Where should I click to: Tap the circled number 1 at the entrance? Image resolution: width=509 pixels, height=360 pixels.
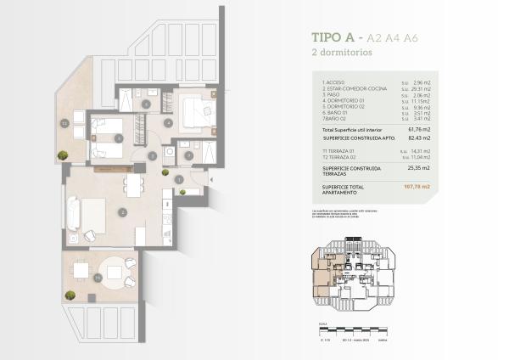[x=179, y=178]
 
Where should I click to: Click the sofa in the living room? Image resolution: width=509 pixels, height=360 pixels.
[x=72, y=211]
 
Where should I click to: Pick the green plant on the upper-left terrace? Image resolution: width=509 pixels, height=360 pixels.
[x=63, y=155]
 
